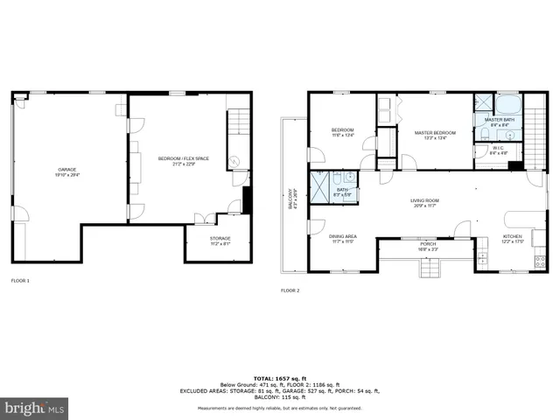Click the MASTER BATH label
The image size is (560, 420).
[x=499, y=122]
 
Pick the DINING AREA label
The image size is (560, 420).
[x=342, y=238]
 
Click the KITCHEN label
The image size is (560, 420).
[x=513, y=238]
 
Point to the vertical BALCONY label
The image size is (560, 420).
[x=292, y=200]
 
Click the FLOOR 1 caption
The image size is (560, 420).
[x=19, y=281]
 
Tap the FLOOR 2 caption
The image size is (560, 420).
[x=290, y=290]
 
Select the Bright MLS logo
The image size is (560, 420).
[x=35, y=408]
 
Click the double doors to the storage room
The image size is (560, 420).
[x=202, y=219]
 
